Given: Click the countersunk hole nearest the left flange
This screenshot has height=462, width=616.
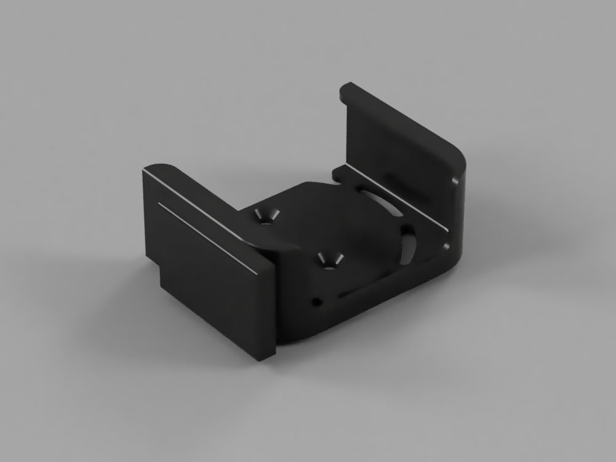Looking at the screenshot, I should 265,216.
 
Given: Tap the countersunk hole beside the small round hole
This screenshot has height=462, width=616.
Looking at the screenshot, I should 327,260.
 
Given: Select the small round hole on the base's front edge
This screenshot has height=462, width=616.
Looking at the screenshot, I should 316,301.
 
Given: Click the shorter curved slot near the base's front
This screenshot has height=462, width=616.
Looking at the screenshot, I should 407,244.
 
